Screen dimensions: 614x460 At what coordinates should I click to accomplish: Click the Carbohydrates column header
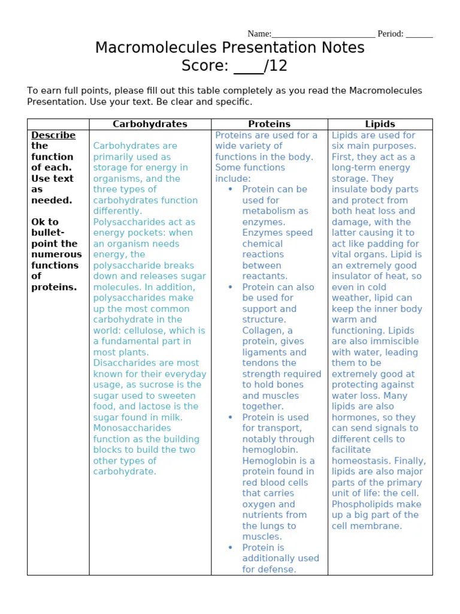pos(150,124)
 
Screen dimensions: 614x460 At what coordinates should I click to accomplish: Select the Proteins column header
pos(270,124)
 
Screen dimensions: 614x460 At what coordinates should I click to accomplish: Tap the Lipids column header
pos(380,124)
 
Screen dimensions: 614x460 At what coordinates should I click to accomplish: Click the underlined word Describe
pos(53,135)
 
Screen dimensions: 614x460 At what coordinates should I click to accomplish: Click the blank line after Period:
pos(419,34)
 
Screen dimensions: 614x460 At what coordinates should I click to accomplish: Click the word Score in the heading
pos(204,66)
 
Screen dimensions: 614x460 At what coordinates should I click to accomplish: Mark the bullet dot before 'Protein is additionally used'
pos(231,547)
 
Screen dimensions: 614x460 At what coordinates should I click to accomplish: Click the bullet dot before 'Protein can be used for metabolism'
pos(231,189)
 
